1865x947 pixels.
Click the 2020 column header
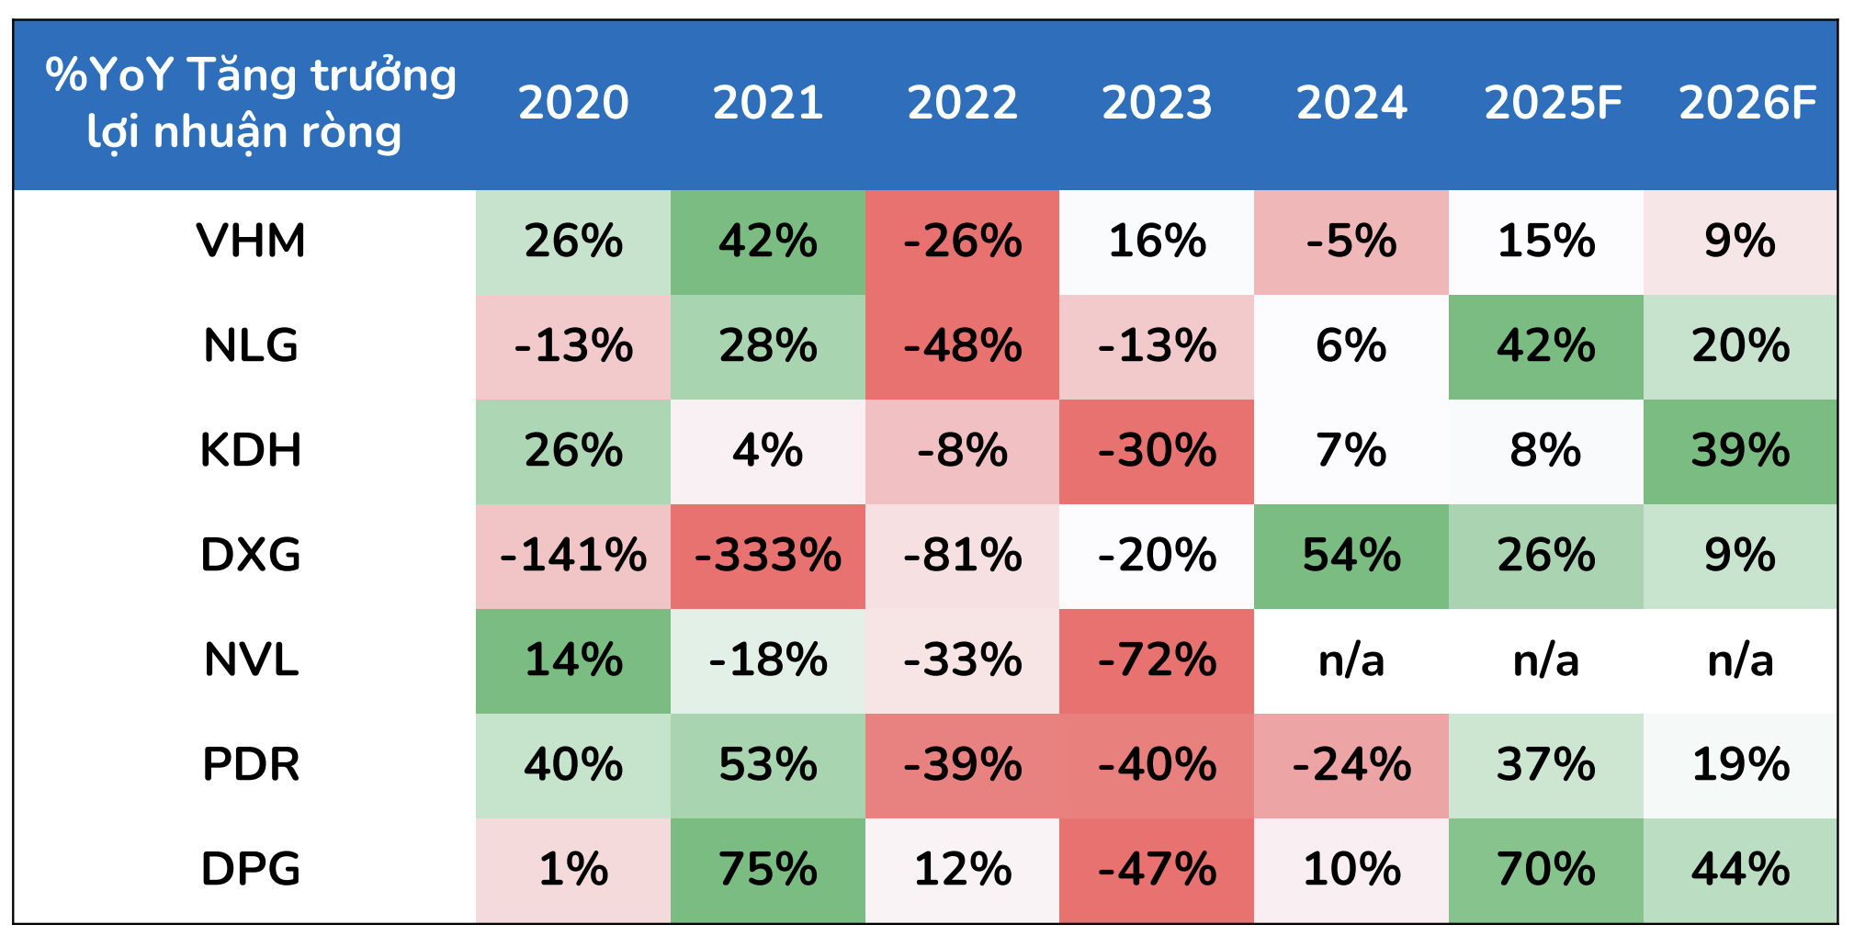tap(573, 102)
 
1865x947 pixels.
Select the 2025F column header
tap(1553, 102)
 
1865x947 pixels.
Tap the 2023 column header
tap(1157, 102)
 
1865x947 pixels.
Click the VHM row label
tap(251, 242)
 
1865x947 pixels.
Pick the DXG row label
tap(251, 556)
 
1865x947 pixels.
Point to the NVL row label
tap(251, 660)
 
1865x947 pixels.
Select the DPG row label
tap(251, 870)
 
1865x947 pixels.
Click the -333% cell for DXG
tap(768, 556)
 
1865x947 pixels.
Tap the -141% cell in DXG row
tap(573, 556)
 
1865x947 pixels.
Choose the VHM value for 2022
tap(962, 242)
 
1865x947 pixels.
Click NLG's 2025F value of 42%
tap(1546, 346)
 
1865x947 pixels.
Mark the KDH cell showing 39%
tap(1740, 451)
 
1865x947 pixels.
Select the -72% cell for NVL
tap(1157, 660)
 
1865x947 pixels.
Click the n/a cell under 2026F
tap(1740, 660)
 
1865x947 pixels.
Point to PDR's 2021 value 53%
tap(768, 765)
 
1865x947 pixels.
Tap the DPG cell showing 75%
tap(768, 870)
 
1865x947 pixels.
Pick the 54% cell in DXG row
tap(1351, 556)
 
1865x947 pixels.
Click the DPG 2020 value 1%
tap(573, 870)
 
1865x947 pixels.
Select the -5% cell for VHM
tap(1351, 242)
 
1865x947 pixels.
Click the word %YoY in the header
tap(109, 75)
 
